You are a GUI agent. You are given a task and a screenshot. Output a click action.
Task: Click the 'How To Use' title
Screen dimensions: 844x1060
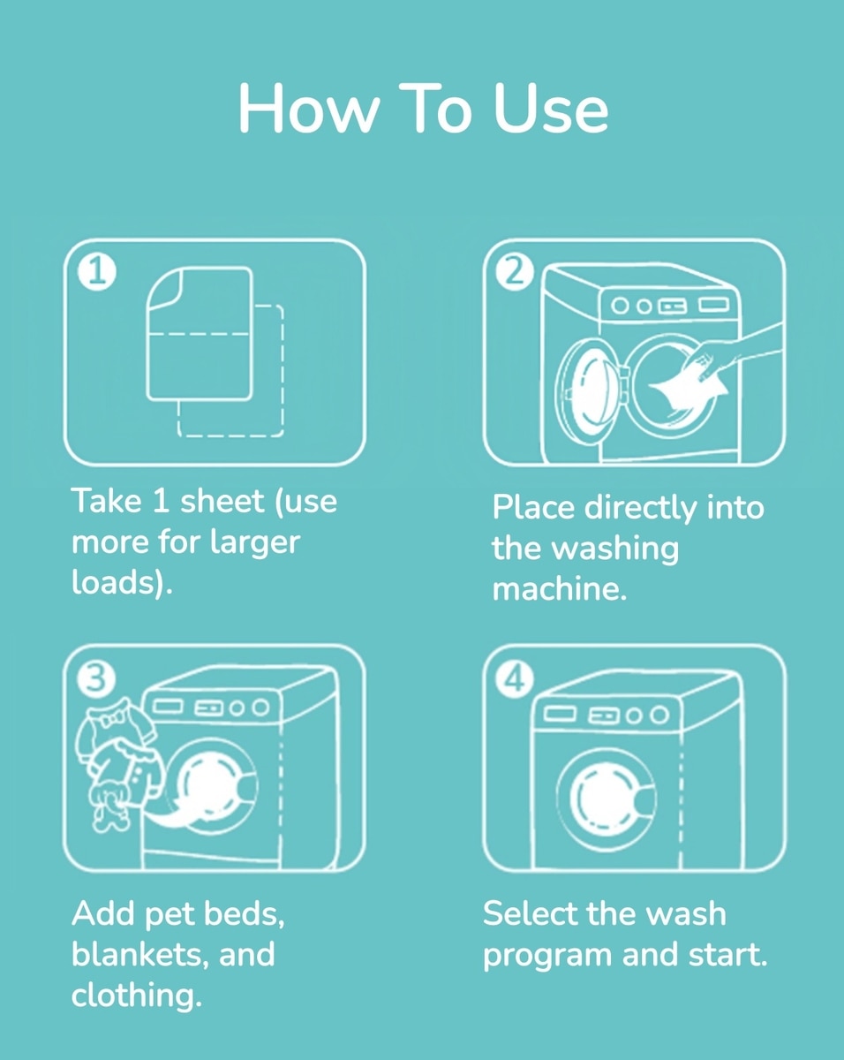(424, 109)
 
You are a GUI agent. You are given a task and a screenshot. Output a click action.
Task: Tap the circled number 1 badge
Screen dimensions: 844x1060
(97, 272)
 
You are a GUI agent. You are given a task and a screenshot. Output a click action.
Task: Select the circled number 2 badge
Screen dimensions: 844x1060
(515, 272)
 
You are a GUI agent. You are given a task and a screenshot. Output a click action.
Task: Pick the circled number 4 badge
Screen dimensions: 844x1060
(515, 680)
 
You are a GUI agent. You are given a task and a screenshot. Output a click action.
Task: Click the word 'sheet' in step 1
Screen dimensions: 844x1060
(222, 502)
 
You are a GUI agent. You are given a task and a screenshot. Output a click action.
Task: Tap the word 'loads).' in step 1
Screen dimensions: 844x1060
(122, 583)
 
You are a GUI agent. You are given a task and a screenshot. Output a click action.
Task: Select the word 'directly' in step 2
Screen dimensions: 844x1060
(640, 508)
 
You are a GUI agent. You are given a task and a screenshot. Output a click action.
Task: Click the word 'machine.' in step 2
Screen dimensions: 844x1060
(560, 589)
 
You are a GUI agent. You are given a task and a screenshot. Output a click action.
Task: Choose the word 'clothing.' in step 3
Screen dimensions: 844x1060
(136, 996)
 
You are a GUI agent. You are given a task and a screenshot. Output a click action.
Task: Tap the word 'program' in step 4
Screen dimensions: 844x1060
(546, 957)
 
